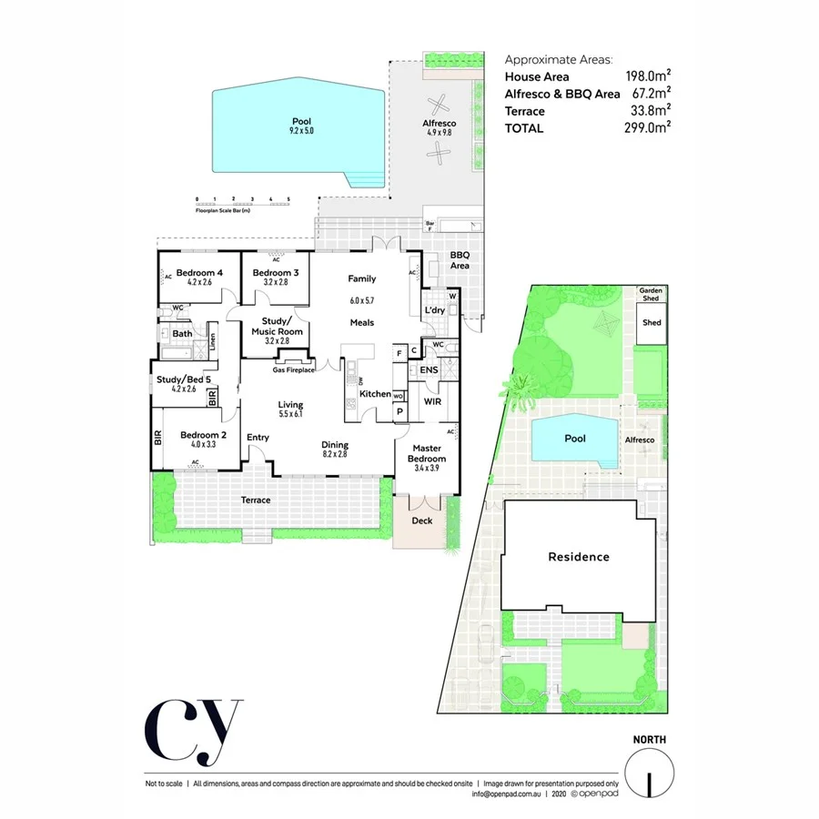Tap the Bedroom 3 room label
[x=276, y=273]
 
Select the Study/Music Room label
[x=276, y=327]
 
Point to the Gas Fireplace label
[x=293, y=370]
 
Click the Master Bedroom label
[x=428, y=453]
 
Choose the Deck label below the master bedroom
[x=421, y=521]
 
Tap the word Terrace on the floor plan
[x=255, y=500]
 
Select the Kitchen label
[x=375, y=394]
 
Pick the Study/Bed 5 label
[x=183, y=379]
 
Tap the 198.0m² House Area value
[x=648, y=77]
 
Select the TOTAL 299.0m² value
[x=648, y=128]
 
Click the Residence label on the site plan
[x=578, y=557]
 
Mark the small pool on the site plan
[x=573, y=440]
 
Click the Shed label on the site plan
[x=652, y=323]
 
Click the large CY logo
[x=193, y=733]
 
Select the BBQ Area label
[x=460, y=260]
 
